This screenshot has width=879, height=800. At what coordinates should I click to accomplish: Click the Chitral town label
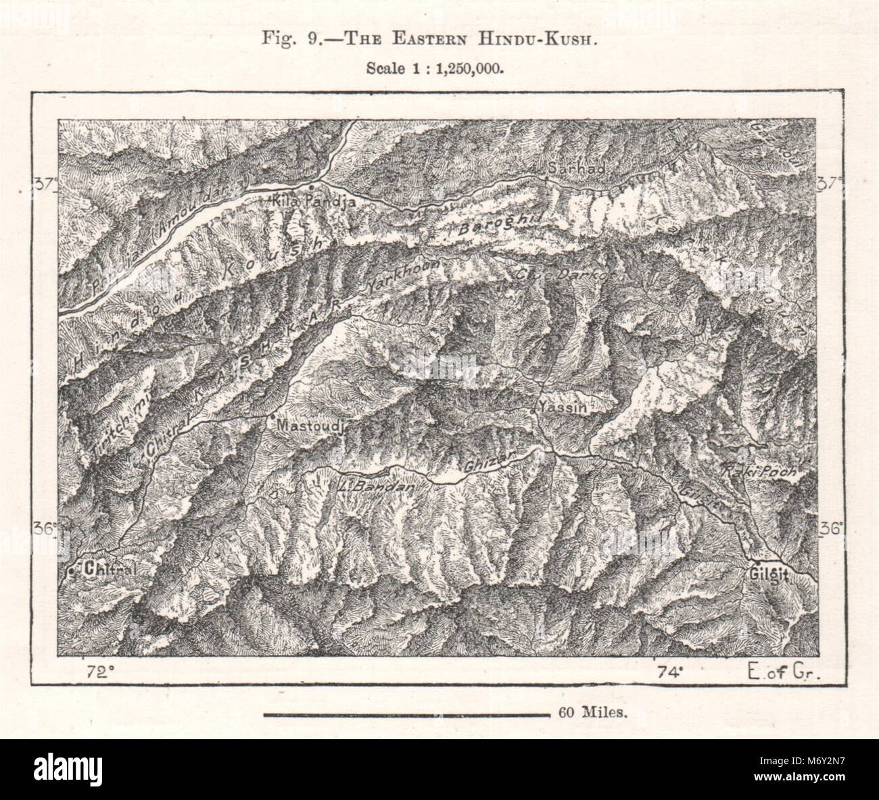[109, 570]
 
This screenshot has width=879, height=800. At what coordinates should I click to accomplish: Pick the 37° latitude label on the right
[831, 183]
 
